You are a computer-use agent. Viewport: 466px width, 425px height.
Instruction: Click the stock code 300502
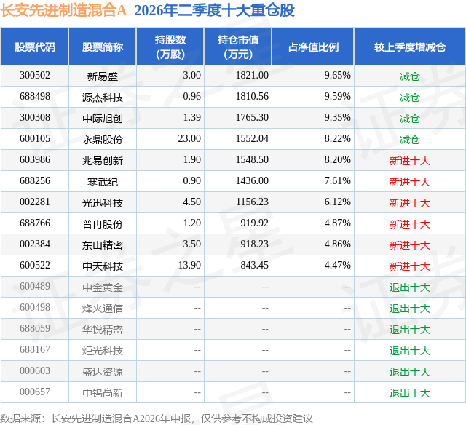35,76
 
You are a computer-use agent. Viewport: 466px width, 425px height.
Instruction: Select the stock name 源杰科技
103,98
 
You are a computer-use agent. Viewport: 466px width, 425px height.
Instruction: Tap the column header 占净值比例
313,47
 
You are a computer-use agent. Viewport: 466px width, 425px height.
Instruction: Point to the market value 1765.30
252,118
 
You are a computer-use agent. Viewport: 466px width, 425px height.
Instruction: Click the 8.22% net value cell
337,139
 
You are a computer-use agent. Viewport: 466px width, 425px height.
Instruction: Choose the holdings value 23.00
189,139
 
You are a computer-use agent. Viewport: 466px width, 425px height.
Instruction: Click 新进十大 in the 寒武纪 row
410,182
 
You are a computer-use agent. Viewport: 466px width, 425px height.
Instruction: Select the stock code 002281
35,202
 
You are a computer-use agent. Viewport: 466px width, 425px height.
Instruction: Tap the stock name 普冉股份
103,224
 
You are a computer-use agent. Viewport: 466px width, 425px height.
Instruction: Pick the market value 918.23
254,244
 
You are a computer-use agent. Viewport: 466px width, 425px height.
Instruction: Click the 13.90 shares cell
189,265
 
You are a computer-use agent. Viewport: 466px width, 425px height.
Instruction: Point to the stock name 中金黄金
103,287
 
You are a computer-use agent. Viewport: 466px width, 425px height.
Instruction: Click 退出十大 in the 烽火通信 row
410,309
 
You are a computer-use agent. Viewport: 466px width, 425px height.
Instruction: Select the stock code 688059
35,328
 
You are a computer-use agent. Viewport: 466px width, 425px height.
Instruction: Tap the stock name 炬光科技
103,351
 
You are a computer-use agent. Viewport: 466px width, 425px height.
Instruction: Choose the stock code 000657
35,392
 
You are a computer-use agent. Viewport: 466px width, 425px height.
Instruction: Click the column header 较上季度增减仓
410,47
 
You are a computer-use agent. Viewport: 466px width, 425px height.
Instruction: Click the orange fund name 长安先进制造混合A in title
63,10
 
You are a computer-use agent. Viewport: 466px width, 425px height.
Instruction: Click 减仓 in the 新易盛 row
410,76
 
